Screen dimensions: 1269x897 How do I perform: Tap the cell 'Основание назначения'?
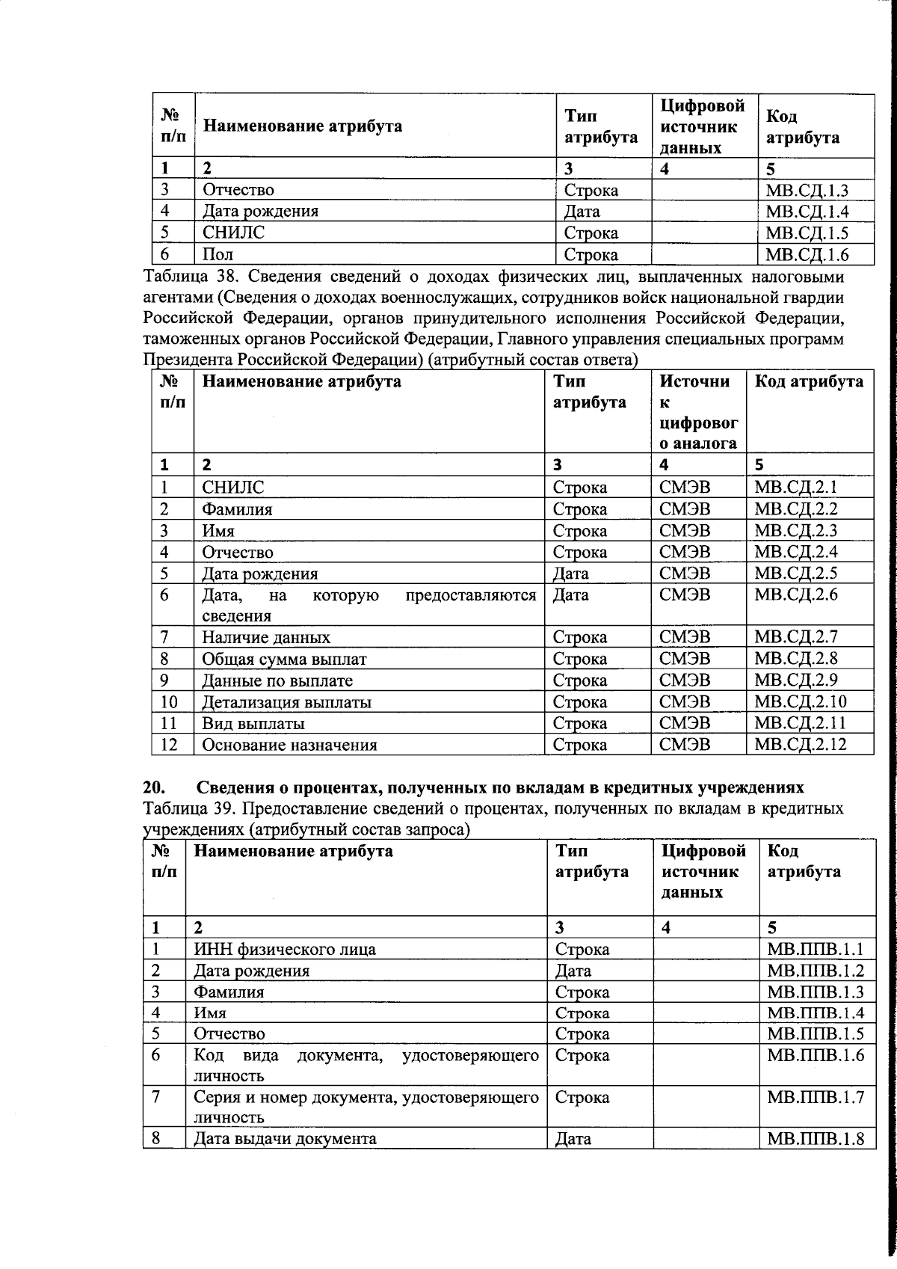point(289,745)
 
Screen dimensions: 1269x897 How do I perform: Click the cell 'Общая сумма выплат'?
point(284,660)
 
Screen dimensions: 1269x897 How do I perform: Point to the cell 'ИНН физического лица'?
point(284,950)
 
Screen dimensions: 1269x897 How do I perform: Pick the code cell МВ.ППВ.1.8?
point(816,1140)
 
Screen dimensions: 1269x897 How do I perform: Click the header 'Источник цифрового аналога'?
point(697,412)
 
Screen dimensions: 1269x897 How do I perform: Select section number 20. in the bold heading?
point(155,788)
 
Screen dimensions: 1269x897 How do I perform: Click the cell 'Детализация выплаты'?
point(287,702)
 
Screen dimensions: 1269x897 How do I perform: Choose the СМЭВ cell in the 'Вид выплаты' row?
point(685,723)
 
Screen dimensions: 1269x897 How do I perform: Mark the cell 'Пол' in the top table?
point(218,254)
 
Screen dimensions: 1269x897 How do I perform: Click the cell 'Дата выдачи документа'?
point(285,1140)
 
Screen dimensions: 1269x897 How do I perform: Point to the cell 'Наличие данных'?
point(266,638)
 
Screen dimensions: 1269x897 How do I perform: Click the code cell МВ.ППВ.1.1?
point(816,950)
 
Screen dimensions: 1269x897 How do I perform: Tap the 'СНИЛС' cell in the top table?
point(234,233)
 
